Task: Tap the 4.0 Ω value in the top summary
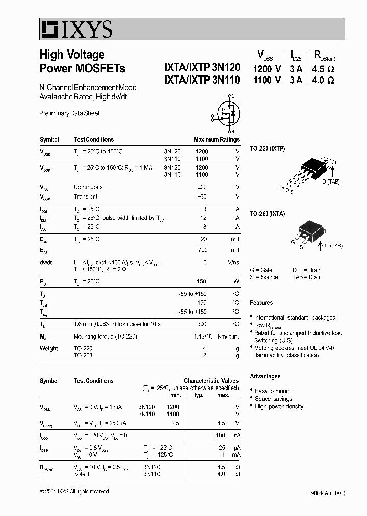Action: [324, 80]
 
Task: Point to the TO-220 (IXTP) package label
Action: [268, 148]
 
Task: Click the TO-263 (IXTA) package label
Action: [268, 213]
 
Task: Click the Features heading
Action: [261, 303]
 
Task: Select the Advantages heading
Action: [265, 376]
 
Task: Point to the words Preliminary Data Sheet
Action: [69, 113]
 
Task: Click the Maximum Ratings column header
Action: [216, 140]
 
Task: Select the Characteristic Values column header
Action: [211, 381]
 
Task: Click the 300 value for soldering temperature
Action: [202, 324]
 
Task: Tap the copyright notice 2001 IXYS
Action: [74, 491]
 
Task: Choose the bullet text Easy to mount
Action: [273, 391]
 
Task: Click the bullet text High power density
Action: [279, 406]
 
